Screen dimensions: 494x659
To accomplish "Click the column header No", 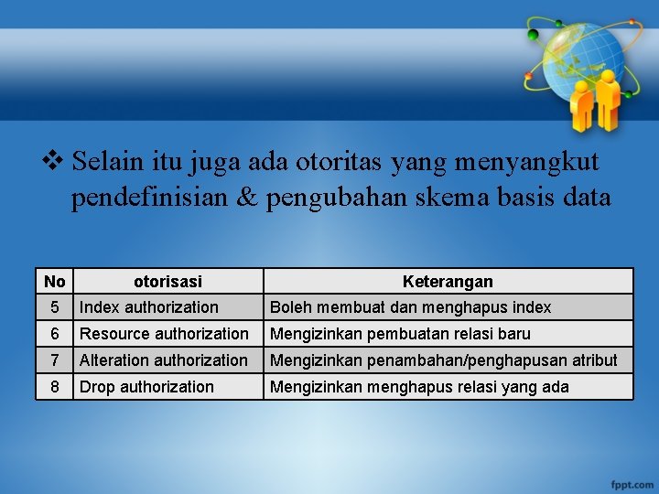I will (54, 281).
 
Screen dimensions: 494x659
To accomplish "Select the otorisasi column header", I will (167, 281).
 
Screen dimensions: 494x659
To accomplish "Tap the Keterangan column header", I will (448, 281).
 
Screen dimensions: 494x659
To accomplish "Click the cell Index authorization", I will (149, 307).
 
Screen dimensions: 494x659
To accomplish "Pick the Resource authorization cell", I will (164, 334).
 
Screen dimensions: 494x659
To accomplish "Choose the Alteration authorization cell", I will (163, 360).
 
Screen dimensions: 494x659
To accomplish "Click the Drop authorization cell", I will (146, 387).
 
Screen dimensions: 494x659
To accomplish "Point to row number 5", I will (54, 307).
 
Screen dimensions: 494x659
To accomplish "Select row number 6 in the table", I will (54, 334).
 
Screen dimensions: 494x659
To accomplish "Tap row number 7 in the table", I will (54, 360).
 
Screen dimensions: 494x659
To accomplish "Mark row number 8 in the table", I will (54, 387).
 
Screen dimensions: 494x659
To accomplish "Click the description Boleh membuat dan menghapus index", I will (410, 307).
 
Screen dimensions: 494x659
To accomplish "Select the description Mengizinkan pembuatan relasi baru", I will (400, 334).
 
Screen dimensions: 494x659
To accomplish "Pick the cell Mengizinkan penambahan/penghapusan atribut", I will (443, 360).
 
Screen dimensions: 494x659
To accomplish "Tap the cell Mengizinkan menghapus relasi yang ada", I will (419, 387).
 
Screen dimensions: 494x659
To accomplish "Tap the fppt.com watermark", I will (631, 482).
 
